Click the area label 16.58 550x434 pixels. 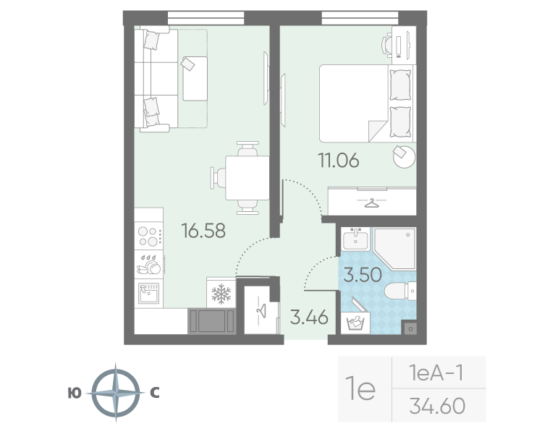click(x=204, y=231)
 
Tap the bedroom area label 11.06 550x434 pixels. click(x=339, y=160)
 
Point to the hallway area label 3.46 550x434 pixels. click(x=309, y=317)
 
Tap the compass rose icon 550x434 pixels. click(x=114, y=394)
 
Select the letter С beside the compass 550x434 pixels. click(x=154, y=393)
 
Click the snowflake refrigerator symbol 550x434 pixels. click(x=220, y=293)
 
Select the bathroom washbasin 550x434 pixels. click(x=356, y=239)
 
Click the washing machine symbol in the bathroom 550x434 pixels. click(x=357, y=323)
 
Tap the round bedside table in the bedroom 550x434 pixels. click(x=405, y=155)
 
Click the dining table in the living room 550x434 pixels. click(x=247, y=178)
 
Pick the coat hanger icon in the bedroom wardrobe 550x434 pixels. click(x=372, y=202)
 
